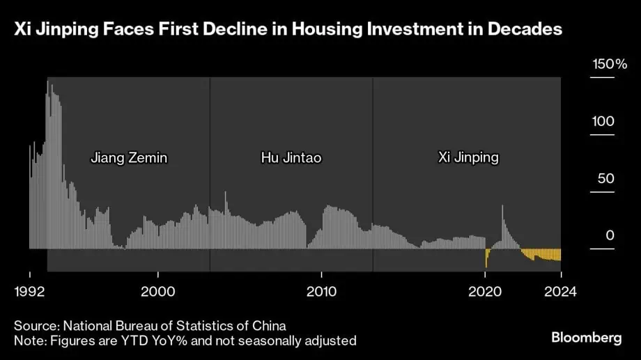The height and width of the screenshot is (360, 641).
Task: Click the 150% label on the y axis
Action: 610,65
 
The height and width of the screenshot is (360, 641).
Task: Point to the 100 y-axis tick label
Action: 603,122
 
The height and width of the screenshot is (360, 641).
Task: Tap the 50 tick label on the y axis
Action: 606,179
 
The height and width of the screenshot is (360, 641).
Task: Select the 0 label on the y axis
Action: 610,236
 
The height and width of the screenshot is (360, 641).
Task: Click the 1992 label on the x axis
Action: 29,292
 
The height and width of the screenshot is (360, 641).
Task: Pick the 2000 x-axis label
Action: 158,292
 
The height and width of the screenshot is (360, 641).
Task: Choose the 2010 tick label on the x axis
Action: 321,292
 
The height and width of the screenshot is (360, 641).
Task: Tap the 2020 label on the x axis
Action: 486,292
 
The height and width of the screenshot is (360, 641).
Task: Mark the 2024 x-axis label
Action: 561,292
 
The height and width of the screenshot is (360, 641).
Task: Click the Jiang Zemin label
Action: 129,157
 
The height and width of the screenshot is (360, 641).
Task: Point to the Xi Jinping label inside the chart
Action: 468,157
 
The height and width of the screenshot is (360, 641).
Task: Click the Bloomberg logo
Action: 586,338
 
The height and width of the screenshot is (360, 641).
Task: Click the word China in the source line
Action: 269,326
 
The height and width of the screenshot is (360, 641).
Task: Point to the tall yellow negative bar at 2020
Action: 486,258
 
